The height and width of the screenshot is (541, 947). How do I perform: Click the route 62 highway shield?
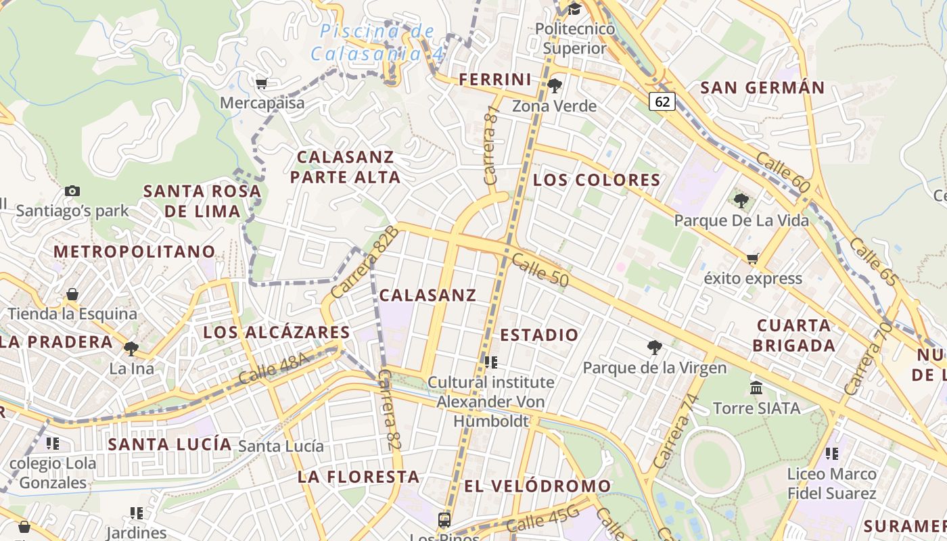(663, 101)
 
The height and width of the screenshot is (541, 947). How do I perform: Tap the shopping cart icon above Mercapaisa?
(261, 83)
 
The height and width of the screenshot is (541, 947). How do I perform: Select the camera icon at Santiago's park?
(72, 191)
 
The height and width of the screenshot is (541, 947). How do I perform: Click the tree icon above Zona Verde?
(555, 86)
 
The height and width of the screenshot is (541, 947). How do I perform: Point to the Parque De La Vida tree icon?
(741, 201)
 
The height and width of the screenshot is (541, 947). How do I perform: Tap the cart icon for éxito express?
(752, 258)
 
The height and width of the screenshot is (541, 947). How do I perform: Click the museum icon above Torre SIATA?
(756, 388)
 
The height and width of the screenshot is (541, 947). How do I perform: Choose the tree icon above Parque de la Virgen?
(654, 348)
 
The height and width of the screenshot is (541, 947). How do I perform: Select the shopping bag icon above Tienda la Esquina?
(72, 294)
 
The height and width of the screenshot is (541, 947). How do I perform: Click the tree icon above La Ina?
(131, 349)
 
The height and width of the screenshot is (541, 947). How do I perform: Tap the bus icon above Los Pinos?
(444, 519)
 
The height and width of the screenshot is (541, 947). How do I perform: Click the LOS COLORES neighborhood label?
(597, 180)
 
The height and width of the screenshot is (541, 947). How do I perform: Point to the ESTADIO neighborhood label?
(539, 335)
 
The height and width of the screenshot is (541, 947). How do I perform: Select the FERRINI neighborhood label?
(495, 79)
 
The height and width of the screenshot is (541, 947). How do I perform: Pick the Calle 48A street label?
(273, 369)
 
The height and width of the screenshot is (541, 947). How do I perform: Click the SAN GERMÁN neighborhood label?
(762, 87)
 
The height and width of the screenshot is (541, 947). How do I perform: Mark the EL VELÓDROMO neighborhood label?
(538, 486)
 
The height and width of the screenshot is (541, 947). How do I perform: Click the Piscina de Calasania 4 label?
(377, 42)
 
